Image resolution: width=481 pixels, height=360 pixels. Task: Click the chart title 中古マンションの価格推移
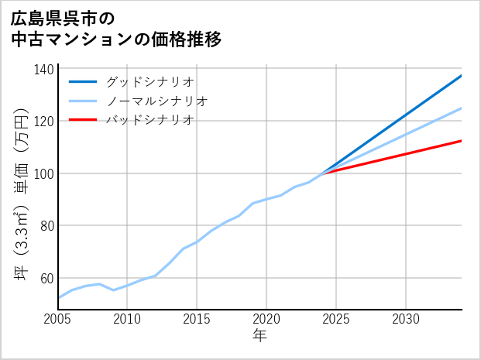116,39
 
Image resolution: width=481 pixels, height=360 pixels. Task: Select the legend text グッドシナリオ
149,81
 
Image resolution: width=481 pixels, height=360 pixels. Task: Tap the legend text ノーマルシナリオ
156,101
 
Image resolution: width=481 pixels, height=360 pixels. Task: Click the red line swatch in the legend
83,120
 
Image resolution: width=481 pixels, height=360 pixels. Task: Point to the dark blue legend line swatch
83,81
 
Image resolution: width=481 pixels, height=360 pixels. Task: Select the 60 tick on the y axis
47,278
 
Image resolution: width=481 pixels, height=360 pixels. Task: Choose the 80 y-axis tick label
47,226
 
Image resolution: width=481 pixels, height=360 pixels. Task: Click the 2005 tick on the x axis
58,319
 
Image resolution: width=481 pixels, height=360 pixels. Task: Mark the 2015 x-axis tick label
197,319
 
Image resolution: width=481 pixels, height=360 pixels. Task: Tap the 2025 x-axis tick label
336,319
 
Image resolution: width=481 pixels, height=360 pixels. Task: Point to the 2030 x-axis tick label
406,319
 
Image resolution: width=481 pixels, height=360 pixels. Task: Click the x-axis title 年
259,336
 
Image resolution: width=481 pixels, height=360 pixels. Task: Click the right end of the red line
461,141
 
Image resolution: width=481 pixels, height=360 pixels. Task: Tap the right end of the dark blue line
461,76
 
